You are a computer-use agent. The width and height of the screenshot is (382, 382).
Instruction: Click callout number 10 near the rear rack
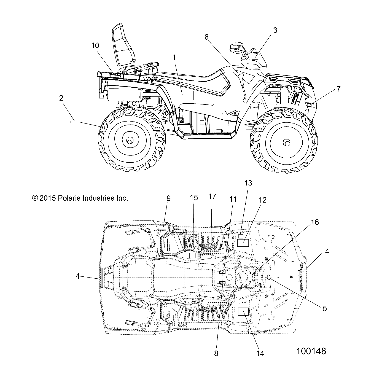pyautogui.click(x=95, y=45)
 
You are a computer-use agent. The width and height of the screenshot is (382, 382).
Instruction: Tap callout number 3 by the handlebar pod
pyautogui.click(x=275, y=30)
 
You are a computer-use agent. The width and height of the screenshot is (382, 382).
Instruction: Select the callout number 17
pyautogui.click(x=212, y=197)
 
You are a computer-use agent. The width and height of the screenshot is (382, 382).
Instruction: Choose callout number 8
pyautogui.click(x=216, y=353)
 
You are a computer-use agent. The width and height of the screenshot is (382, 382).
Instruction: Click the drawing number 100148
pyautogui.click(x=311, y=351)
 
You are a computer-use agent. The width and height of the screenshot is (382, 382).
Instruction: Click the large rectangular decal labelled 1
pyautogui.click(x=183, y=95)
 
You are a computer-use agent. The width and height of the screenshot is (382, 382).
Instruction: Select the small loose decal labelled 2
pyautogui.click(x=75, y=122)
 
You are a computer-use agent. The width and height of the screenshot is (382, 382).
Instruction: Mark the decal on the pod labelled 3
pyautogui.click(x=255, y=57)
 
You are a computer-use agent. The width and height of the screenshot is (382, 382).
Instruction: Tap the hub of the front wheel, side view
pyautogui.click(x=286, y=143)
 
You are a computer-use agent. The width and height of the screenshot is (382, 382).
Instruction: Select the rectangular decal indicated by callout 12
pyautogui.click(x=243, y=243)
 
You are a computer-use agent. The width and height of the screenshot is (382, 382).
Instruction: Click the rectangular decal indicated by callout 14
pyautogui.click(x=243, y=311)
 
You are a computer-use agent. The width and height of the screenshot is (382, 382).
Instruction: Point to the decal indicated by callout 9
pyautogui.click(x=163, y=227)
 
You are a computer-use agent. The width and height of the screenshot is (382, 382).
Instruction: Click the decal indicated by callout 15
pyautogui.click(x=193, y=255)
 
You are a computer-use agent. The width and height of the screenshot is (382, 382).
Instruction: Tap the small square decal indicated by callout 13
pyautogui.click(x=241, y=236)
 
